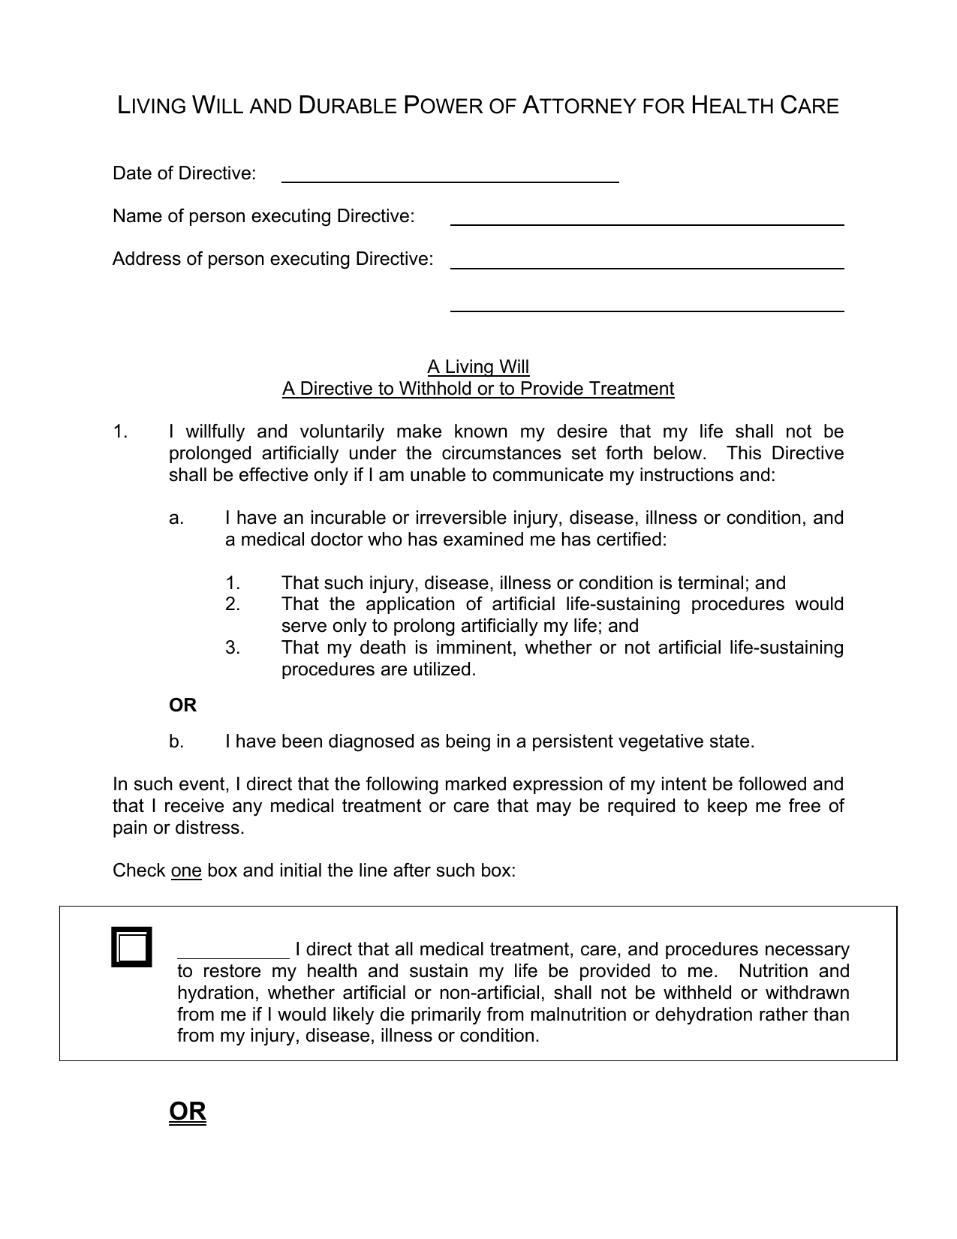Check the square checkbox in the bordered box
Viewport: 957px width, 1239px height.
[132, 947]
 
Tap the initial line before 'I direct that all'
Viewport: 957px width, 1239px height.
[233, 952]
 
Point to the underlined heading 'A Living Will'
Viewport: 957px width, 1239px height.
[478, 367]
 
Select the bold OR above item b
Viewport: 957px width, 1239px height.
[182, 705]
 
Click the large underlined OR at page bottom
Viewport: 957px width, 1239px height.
[188, 1111]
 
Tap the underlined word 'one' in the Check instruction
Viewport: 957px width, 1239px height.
[186, 871]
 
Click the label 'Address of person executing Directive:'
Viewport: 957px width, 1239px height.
[273, 259]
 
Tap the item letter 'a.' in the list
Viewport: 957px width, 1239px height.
[176, 518]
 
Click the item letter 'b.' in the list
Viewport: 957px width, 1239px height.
[176, 742]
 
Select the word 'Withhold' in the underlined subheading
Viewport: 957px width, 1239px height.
[435, 389]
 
